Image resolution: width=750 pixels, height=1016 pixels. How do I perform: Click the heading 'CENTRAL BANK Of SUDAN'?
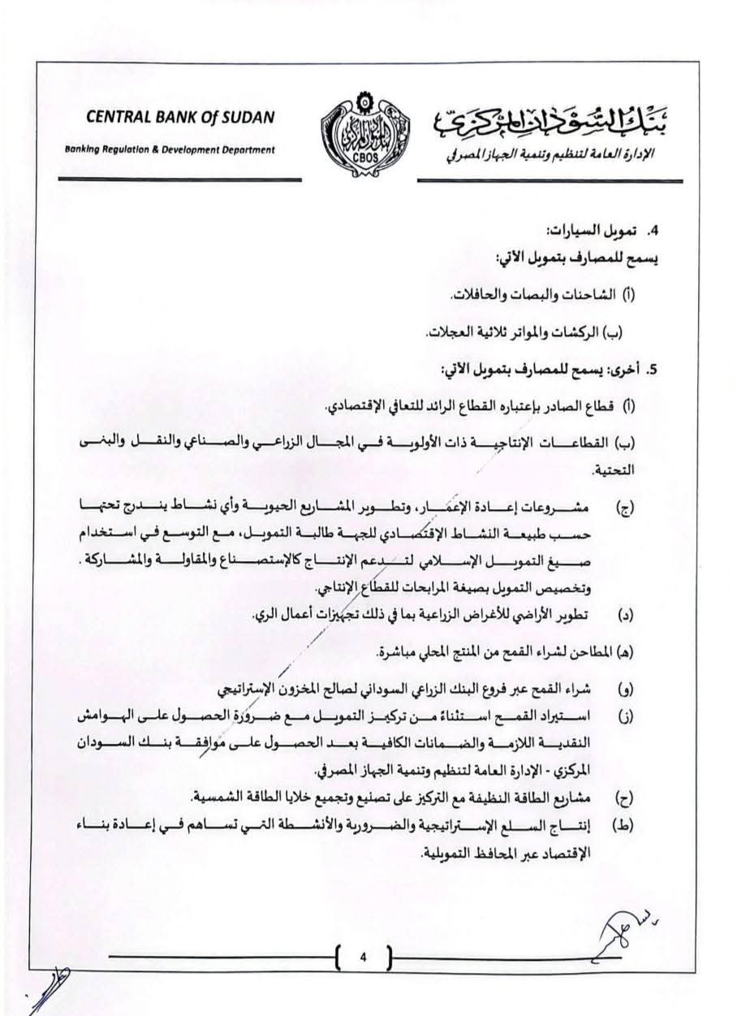click(x=180, y=119)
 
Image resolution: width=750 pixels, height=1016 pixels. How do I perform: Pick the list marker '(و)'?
click(x=627, y=691)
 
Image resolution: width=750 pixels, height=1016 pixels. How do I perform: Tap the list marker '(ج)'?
click(x=627, y=508)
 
